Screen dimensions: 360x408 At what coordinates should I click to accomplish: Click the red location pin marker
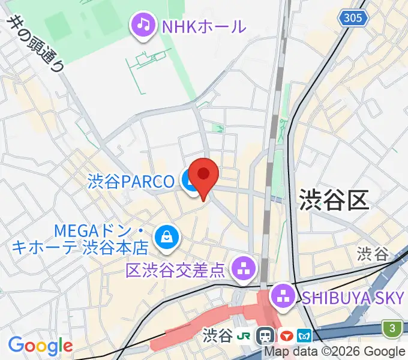tap(203, 175)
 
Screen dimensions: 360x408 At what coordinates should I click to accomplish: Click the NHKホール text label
tap(204, 26)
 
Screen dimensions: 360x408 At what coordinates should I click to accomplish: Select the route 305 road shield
tap(353, 18)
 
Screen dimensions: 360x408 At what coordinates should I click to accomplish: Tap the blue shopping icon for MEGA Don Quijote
tap(164, 238)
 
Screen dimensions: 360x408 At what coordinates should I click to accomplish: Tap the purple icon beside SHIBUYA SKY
tap(281, 295)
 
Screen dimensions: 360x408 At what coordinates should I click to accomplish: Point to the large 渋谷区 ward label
tap(333, 197)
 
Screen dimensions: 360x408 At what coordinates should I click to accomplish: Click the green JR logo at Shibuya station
tap(245, 335)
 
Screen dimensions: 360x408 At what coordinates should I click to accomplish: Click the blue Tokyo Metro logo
tap(306, 335)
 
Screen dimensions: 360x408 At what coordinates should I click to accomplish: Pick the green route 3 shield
tap(392, 328)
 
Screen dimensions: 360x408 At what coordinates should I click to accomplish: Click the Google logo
tap(40, 346)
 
